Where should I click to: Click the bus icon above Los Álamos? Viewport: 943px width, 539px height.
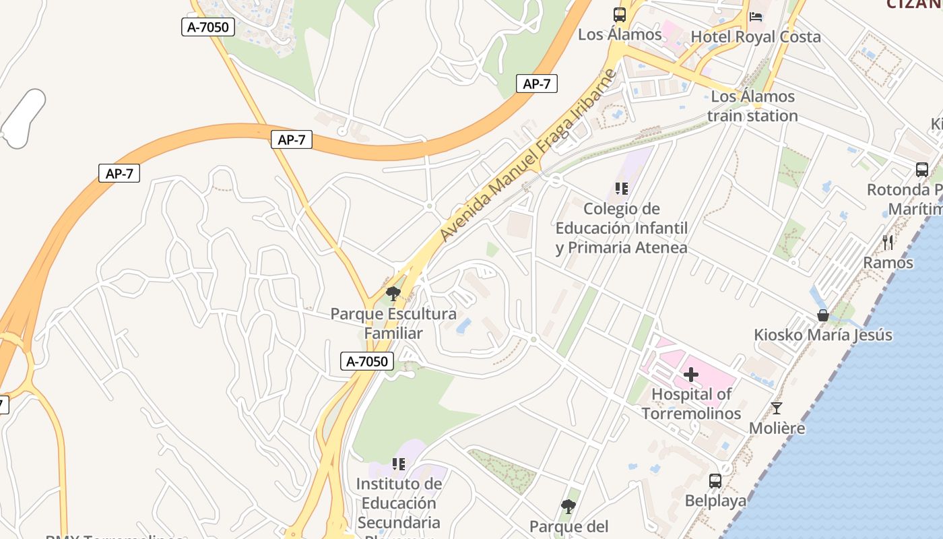[619, 14]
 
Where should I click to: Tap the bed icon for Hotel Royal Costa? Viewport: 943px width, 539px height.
[756, 16]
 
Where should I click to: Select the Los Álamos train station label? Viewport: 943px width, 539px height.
[752, 106]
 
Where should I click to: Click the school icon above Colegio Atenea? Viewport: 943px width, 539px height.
[621, 189]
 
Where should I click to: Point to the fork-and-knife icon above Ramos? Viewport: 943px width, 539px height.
[888, 243]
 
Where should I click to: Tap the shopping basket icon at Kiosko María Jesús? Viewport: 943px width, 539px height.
[822, 315]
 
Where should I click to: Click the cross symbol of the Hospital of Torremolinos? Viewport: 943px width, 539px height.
[691, 375]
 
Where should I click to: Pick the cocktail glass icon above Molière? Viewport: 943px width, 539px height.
[777, 408]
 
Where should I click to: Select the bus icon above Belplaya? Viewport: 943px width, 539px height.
[715, 481]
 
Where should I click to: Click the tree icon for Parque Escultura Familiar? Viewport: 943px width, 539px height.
[393, 294]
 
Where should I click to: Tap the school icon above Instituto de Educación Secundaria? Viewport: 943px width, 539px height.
[399, 464]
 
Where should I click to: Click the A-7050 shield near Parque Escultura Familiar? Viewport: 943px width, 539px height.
[367, 361]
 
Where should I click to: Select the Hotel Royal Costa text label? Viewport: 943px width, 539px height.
[756, 37]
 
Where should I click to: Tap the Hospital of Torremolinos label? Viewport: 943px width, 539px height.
[691, 404]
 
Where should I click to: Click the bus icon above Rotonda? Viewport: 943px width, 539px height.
[921, 170]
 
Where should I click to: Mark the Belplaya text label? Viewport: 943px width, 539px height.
[715, 501]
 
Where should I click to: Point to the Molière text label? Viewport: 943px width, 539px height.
[777, 428]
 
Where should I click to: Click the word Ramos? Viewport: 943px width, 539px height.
[888, 263]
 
